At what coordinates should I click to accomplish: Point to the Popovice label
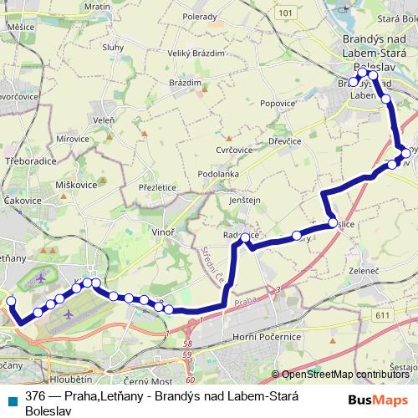278,104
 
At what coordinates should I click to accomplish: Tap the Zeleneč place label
364,272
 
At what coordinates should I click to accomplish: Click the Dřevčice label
283,141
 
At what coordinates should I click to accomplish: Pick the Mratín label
98,7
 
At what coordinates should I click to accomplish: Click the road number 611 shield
383,314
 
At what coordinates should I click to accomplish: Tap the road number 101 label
287,13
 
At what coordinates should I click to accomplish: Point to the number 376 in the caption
35,396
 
